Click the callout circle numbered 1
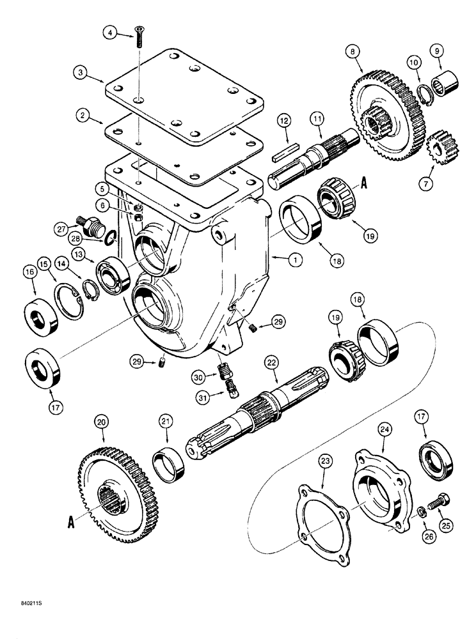point(277,260)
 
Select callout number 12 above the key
point(284,121)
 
